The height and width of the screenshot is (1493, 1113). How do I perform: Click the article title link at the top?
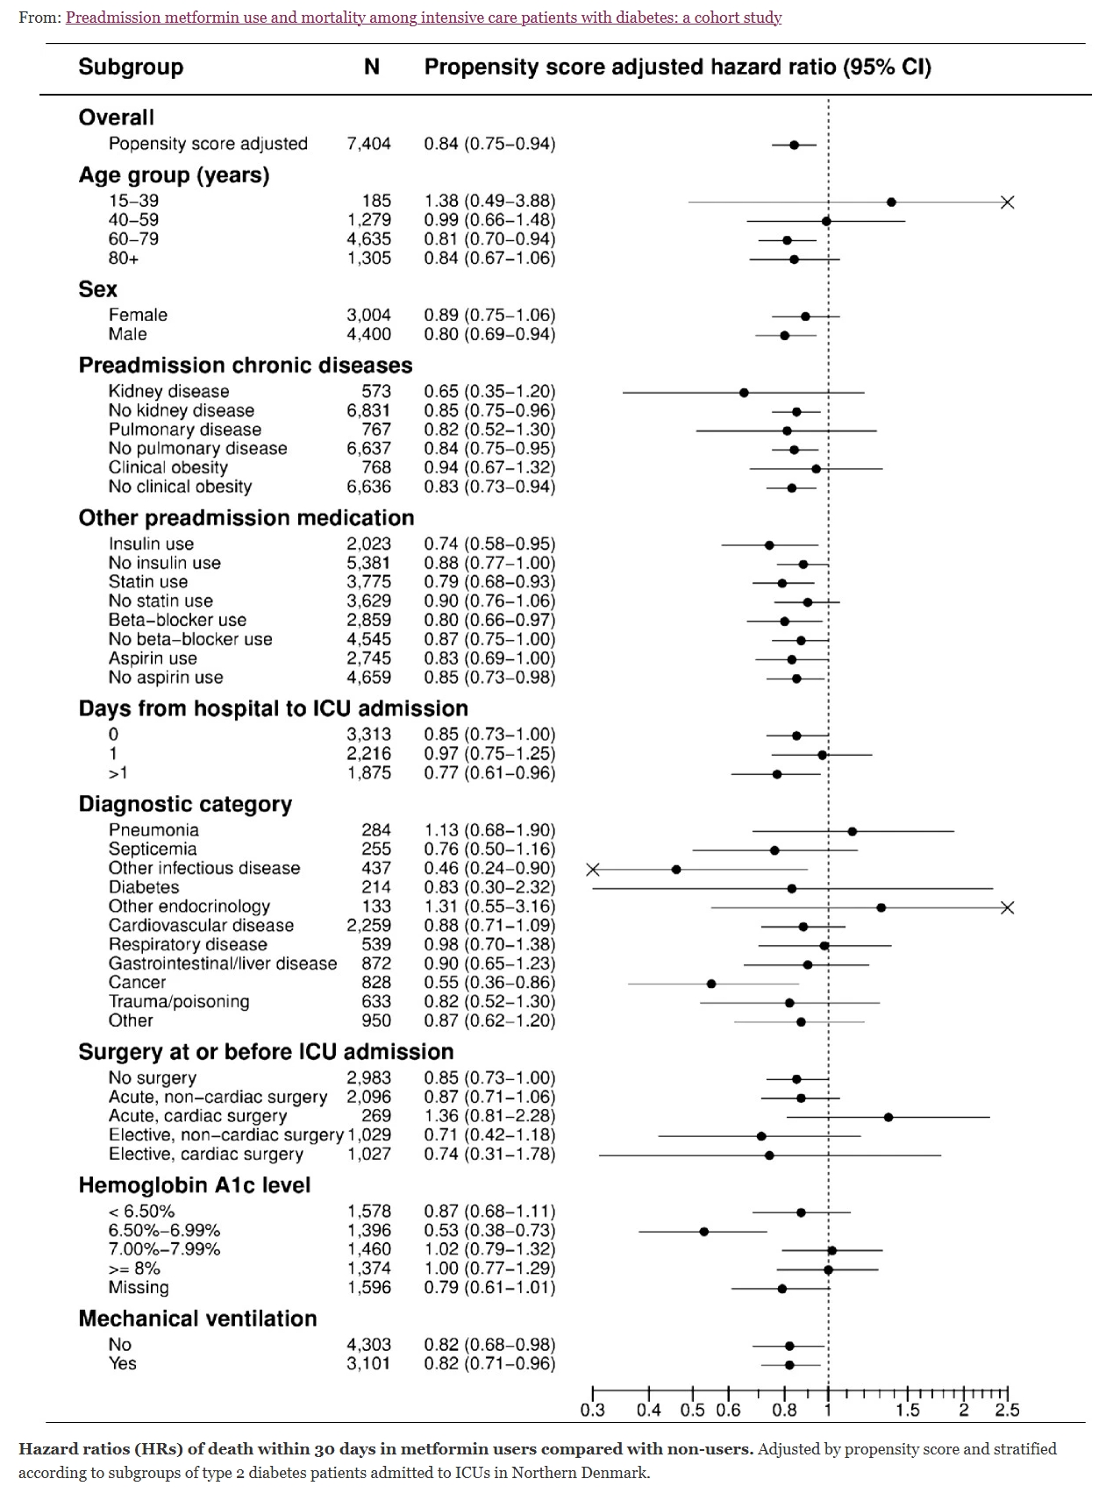click(423, 18)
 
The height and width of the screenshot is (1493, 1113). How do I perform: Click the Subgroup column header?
click(131, 68)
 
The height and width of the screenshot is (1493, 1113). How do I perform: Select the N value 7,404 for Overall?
click(368, 144)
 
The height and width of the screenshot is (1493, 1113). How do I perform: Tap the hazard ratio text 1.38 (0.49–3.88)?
click(489, 201)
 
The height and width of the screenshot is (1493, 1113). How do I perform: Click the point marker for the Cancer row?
click(711, 984)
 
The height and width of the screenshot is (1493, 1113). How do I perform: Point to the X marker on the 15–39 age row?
click(1007, 203)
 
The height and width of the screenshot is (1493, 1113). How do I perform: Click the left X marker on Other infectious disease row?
click(593, 870)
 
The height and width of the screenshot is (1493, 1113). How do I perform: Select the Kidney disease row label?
click(168, 392)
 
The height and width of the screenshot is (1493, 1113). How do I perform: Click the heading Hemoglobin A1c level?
click(195, 1185)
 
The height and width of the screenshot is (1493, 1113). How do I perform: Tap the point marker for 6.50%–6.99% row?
click(704, 1232)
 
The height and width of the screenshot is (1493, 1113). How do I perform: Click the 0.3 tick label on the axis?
click(593, 1411)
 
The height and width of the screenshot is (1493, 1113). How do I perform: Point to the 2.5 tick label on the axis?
click(1007, 1411)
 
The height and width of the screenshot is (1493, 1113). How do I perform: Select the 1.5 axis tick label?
click(908, 1411)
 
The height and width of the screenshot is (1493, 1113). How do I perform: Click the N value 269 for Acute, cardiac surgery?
click(376, 1116)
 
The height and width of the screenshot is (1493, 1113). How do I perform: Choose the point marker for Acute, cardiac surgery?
click(888, 1117)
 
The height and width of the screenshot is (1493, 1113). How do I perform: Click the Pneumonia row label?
click(153, 830)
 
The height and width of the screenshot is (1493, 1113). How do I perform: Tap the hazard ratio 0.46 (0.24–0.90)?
click(489, 868)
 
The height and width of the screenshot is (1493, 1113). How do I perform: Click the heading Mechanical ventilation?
click(197, 1319)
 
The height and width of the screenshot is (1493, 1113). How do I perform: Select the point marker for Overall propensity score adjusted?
click(795, 145)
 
